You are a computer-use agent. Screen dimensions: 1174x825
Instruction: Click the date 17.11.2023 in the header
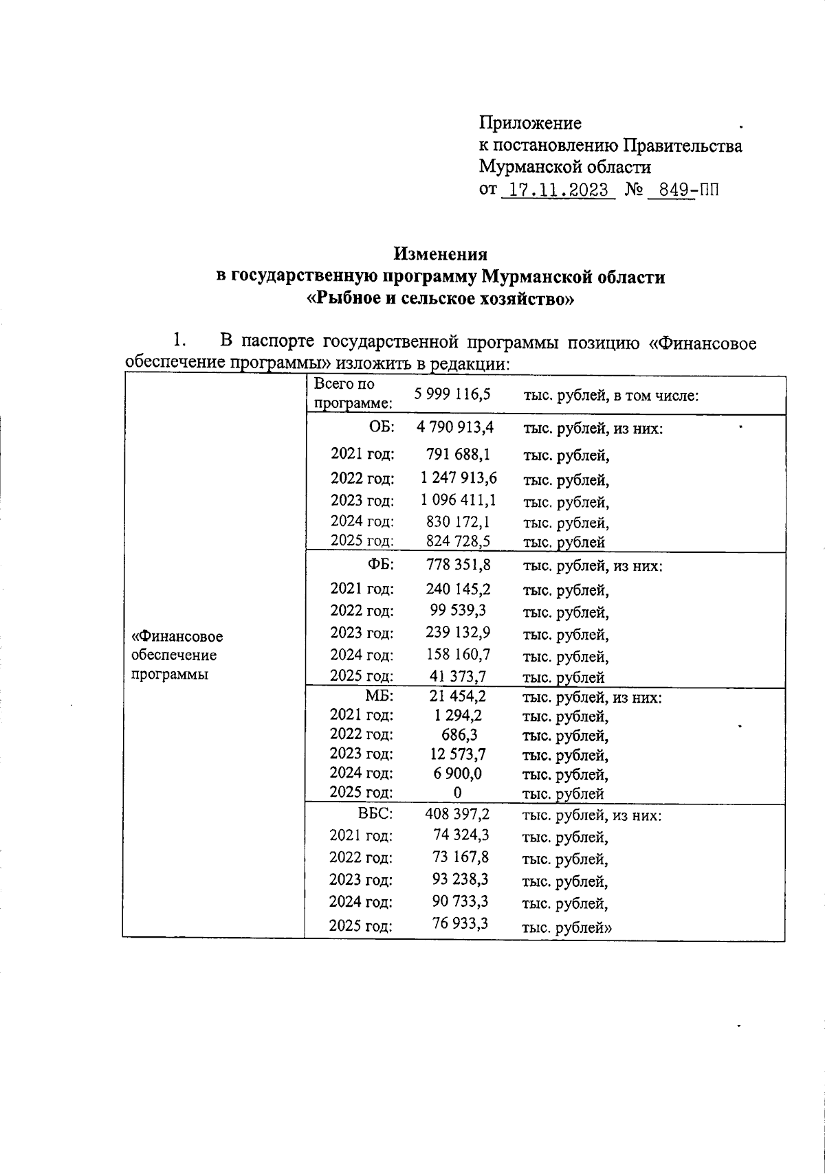[558, 190]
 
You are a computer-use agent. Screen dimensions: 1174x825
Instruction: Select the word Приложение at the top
[530, 123]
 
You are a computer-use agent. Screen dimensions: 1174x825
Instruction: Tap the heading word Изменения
[440, 254]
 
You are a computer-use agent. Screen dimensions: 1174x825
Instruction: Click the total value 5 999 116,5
[453, 394]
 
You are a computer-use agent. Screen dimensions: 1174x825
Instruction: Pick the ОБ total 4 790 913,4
[454, 427]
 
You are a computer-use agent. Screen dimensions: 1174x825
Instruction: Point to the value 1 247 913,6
[459, 477]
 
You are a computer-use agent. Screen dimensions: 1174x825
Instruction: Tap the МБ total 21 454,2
[458, 696]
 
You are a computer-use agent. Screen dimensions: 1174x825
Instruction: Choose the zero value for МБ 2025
[458, 792]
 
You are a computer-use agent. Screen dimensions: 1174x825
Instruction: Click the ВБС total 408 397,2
[457, 814]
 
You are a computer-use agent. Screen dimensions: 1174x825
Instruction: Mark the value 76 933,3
[460, 923]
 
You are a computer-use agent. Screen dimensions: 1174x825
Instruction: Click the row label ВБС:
[375, 814]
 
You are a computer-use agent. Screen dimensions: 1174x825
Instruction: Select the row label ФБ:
[380, 565]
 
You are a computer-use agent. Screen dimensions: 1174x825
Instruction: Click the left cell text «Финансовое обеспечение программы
[177, 655]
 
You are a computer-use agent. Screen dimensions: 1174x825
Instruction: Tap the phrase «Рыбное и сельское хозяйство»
[440, 300]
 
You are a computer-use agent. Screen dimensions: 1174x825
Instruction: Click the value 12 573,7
[458, 754]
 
